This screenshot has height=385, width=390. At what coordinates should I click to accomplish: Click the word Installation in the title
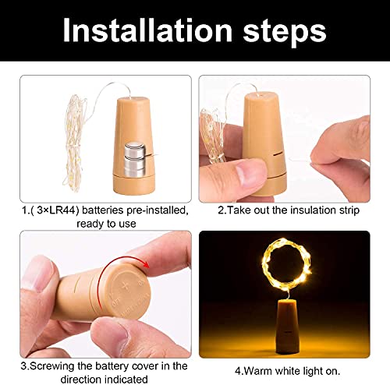pos(149,31)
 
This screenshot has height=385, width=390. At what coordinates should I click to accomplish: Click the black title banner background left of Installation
pos(31,31)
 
